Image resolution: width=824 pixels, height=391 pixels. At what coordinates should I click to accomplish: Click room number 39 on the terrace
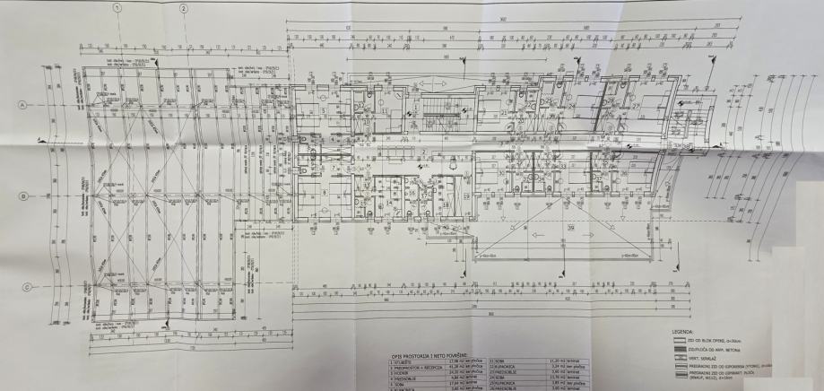click(x=570, y=228)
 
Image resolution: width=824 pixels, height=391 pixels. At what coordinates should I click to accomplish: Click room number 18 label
click(x=446, y=204)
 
